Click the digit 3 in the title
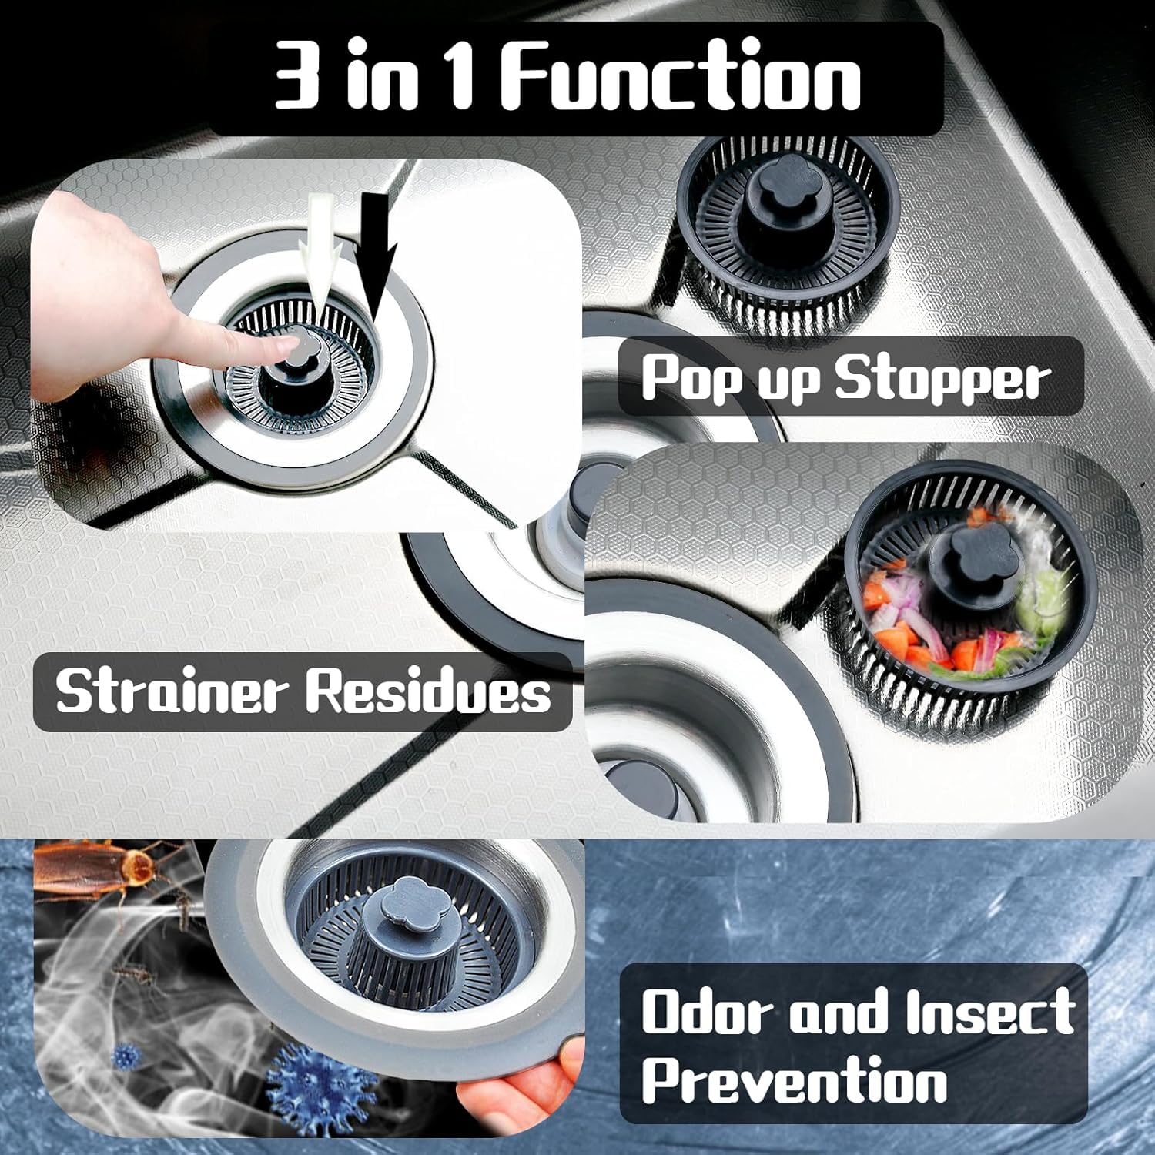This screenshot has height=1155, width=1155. pos(297,78)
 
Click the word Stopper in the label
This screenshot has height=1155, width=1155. pos(942,379)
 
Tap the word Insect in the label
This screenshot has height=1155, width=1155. pos(989,1011)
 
